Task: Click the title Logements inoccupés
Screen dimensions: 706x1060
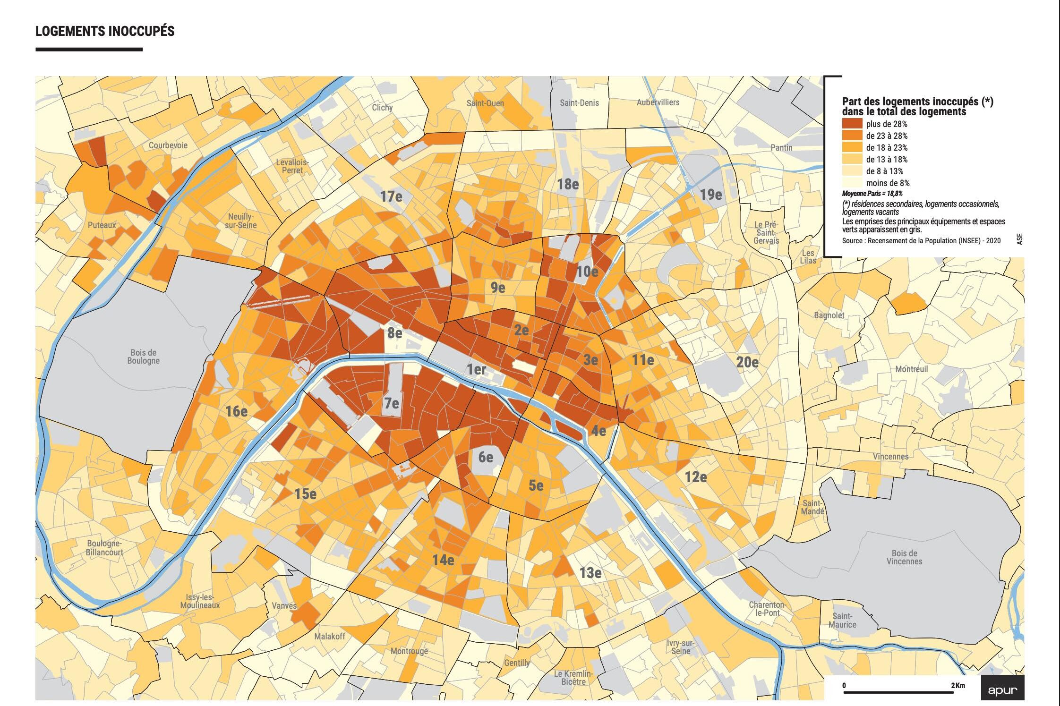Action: (105, 31)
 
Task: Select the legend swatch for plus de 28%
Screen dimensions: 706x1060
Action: (852, 124)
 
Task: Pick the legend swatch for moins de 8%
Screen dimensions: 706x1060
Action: (852, 183)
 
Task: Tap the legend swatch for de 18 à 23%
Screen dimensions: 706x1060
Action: (852, 148)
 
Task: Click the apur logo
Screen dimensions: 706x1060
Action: (1002, 690)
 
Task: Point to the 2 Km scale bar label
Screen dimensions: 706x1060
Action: (958, 685)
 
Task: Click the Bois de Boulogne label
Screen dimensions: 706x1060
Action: (144, 357)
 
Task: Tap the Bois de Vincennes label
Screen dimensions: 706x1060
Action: (904, 557)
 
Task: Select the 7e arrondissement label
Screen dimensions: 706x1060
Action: (392, 404)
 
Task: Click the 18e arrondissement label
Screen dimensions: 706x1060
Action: (568, 184)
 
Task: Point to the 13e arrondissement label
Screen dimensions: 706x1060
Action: (590, 573)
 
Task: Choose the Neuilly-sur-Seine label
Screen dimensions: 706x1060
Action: (240, 221)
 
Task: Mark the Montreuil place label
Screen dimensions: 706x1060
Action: (912, 369)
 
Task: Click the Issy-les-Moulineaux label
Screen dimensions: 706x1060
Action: (200, 601)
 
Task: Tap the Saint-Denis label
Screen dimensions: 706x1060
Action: (579, 103)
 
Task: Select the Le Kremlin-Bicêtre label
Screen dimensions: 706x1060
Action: (573, 678)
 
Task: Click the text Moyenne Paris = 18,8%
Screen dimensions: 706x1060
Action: (872, 194)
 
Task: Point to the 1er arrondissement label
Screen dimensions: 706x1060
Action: (476, 369)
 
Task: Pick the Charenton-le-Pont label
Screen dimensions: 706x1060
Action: (767, 609)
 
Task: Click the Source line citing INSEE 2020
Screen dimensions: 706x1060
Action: (921, 241)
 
